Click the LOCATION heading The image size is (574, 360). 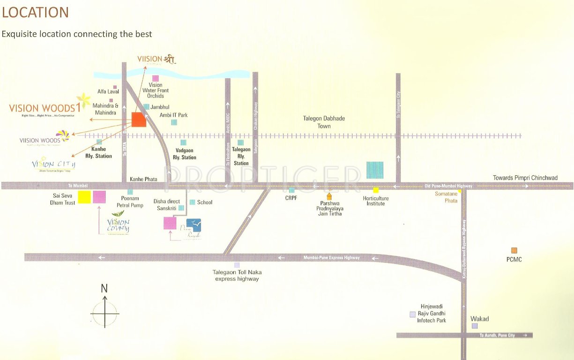[35, 13]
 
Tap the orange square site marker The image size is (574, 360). [139, 120]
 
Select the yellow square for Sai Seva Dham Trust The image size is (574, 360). [84, 197]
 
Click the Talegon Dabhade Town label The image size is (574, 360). [324, 122]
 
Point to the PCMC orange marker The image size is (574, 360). [514, 250]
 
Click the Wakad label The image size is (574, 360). [479, 319]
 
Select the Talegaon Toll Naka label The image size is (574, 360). [237, 275]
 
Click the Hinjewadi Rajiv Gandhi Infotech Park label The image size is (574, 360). [432, 314]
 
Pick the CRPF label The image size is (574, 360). [291, 198]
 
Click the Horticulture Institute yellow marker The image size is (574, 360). [376, 190]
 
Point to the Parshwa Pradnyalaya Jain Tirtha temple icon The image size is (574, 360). [329, 196]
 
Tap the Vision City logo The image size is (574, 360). [53, 165]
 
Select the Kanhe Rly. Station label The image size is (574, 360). [98, 152]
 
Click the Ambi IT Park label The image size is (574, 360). [173, 115]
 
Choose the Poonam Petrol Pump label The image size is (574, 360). [130, 202]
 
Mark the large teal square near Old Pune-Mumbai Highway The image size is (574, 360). [374, 170]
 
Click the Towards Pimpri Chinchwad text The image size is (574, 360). [525, 178]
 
